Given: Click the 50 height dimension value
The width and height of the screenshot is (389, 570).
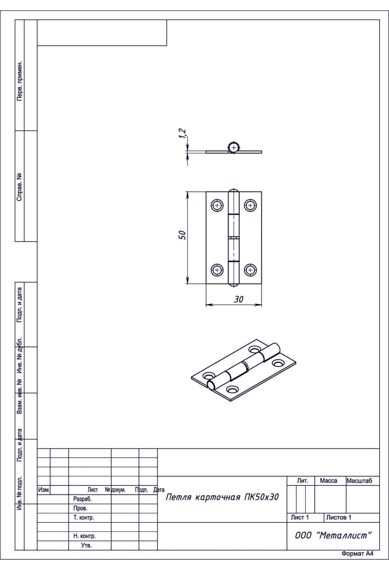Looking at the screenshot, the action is point(183,235).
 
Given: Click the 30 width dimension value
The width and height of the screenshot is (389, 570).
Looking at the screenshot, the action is point(239,300).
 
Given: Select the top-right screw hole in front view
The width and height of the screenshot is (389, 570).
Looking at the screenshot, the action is point(250,205).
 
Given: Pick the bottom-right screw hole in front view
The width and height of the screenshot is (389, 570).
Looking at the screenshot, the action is point(250,269).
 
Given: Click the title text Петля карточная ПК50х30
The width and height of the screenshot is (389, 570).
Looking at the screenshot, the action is point(222,497).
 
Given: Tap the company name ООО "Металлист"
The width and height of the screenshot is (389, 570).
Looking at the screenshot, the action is point(333,536).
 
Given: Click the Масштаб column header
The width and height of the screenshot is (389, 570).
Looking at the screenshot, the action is point(359,481).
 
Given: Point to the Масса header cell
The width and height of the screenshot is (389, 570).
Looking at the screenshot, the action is point(328,481).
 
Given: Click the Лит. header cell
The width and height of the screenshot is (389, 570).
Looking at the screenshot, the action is point(302,481).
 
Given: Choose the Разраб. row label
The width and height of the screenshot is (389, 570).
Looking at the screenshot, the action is point(82,499).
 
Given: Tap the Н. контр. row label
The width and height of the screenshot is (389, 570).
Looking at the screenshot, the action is point(84,536).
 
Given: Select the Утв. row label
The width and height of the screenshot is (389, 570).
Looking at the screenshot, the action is point(86,545).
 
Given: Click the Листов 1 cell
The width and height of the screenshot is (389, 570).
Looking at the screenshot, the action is point(338,518).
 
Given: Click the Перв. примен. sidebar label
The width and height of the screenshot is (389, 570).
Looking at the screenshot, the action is point(19,80).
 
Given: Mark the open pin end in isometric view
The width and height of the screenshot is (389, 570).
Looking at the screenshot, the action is point(211,385).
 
